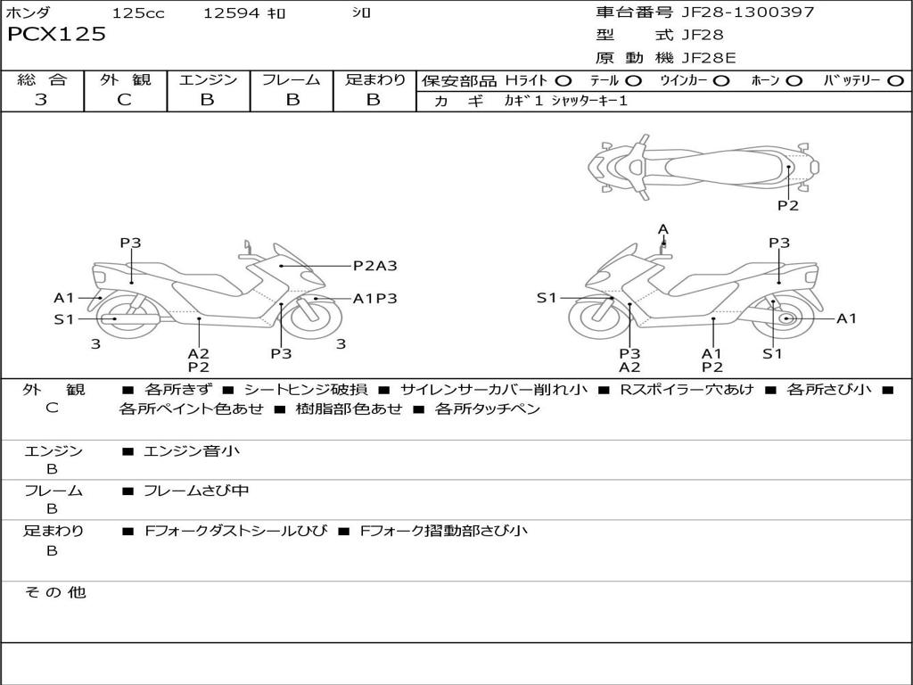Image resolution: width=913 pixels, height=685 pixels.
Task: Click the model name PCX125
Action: (x=56, y=35)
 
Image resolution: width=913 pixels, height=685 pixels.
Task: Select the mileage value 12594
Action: (x=231, y=13)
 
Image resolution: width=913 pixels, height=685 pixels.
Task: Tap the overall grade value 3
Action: (x=41, y=100)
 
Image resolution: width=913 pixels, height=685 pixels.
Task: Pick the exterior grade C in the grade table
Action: (x=124, y=100)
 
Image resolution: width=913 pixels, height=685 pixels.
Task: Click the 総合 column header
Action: (x=42, y=80)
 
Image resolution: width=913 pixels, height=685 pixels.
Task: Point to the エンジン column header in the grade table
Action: (x=208, y=80)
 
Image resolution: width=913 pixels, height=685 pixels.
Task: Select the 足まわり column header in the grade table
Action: (x=374, y=80)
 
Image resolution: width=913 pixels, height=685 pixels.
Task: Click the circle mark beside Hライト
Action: (x=563, y=81)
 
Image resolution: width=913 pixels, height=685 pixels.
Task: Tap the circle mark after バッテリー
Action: (x=895, y=81)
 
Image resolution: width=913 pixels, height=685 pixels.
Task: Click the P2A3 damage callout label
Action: (x=374, y=265)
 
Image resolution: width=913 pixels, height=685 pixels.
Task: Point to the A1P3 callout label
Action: (x=374, y=299)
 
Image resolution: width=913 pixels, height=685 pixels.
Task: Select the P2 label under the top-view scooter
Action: (x=788, y=206)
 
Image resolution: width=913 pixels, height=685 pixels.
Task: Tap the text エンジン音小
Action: (x=192, y=451)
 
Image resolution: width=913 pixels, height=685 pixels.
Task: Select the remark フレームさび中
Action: (x=196, y=491)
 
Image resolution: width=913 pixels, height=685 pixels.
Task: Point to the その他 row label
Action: (x=54, y=592)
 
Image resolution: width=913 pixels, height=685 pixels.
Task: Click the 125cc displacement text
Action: (x=138, y=13)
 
